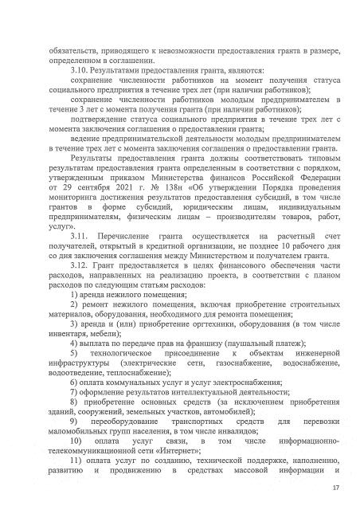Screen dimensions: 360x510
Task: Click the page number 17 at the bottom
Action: click(x=335, y=488)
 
